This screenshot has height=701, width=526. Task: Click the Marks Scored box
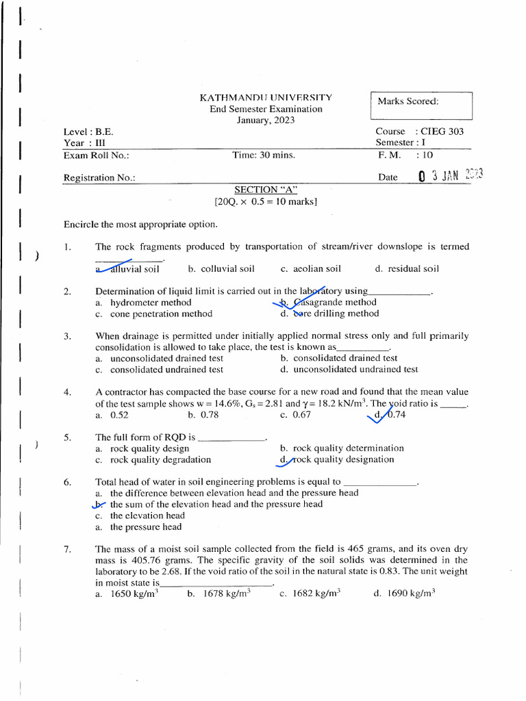(x=421, y=105)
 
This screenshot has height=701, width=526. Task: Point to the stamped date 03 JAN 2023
(x=451, y=176)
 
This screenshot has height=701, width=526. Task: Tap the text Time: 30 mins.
(x=264, y=155)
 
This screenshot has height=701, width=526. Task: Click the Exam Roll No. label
(x=97, y=155)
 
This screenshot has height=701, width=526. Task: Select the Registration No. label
(x=99, y=177)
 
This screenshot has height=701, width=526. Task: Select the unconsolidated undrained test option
(x=355, y=369)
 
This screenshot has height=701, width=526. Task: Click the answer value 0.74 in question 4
(x=396, y=414)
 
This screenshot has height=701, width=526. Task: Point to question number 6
(x=68, y=482)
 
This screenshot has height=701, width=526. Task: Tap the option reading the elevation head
(x=147, y=515)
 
